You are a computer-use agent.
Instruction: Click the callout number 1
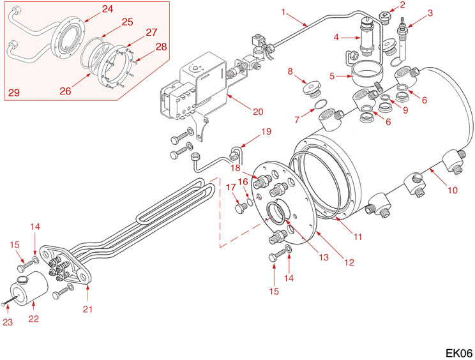pyautogui.click(x=283, y=11)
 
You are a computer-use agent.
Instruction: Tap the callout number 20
pyautogui.click(x=258, y=112)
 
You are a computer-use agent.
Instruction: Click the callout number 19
pyautogui.click(x=266, y=133)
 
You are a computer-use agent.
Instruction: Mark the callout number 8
pyautogui.click(x=291, y=72)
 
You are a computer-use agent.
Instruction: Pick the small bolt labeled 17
pyautogui.click(x=240, y=208)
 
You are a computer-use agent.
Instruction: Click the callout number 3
pyautogui.click(x=430, y=13)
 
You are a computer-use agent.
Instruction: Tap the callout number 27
pyautogui.click(x=151, y=32)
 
